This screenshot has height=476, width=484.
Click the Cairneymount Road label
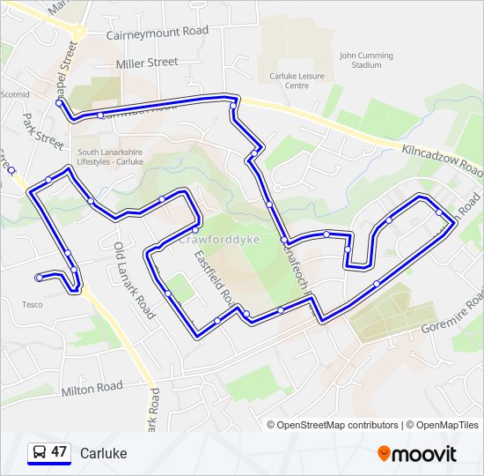point(158,31)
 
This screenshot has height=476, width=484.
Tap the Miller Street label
point(147,63)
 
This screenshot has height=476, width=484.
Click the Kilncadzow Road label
point(441,158)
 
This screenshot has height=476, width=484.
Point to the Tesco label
point(32,305)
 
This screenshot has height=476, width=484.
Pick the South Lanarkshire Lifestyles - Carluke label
point(110,156)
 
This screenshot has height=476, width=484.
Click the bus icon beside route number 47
point(39,453)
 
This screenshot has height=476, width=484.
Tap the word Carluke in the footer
point(103,453)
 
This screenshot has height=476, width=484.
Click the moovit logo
point(417,454)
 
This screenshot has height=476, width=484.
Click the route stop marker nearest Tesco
point(40,278)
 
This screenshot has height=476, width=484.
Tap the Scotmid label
point(15,94)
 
